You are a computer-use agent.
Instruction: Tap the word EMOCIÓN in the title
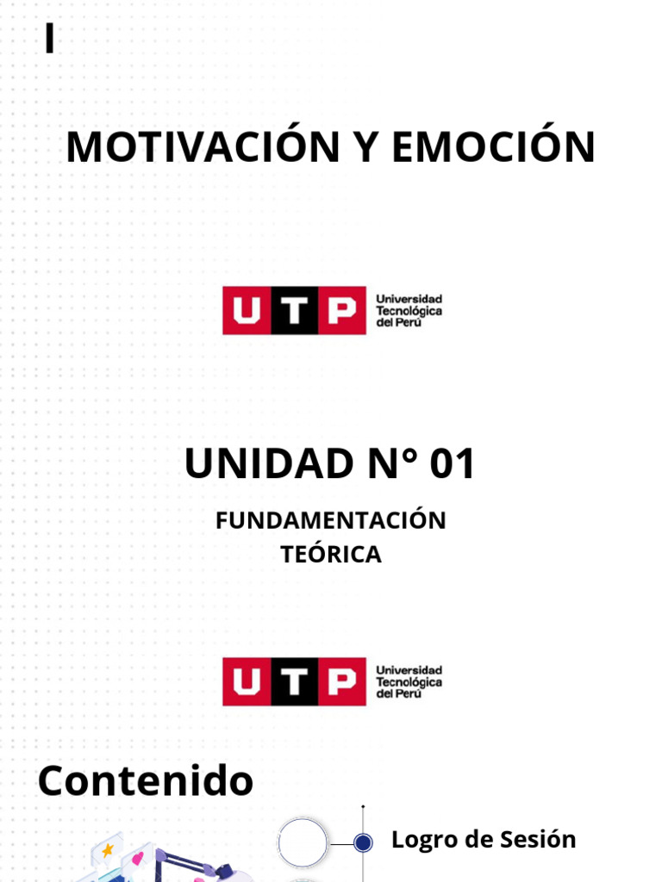(493, 146)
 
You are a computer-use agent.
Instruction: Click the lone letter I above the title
(50, 40)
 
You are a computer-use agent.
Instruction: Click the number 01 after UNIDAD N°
(453, 465)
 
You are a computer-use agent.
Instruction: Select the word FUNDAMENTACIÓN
(331, 520)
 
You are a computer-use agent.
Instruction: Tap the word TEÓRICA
(331, 555)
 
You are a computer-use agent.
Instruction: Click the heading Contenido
(146, 781)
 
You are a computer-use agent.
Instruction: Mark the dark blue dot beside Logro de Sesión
(364, 842)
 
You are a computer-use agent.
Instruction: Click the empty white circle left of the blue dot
(303, 842)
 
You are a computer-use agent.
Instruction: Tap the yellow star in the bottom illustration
(107, 851)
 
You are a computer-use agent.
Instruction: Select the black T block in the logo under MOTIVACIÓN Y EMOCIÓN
(294, 310)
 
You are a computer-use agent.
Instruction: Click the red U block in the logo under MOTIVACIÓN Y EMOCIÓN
(247, 310)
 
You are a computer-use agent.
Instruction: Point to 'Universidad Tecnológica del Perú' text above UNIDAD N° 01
(409, 310)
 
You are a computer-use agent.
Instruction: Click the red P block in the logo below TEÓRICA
(340, 681)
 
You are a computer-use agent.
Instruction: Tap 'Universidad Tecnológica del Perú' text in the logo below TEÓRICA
(409, 681)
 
